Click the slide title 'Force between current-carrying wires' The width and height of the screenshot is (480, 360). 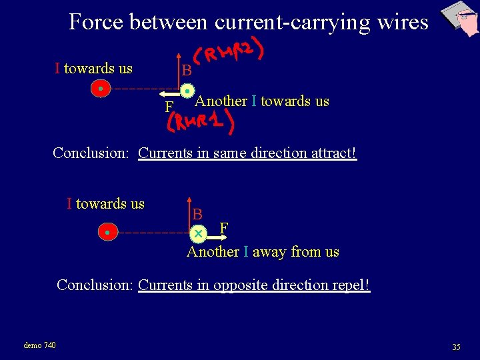click(x=248, y=22)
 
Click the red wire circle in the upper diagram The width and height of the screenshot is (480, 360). click(x=100, y=89)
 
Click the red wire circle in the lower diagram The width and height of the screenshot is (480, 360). click(x=107, y=233)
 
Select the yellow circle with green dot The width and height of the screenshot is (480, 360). click(x=188, y=90)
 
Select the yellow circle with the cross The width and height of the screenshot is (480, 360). click(x=198, y=234)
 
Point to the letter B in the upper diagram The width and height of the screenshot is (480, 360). click(x=187, y=71)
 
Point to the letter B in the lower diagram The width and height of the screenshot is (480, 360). click(x=197, y=215)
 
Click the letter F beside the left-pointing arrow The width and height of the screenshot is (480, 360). click(x=169, y=107)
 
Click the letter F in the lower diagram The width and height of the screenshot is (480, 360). click(x=224, y=229)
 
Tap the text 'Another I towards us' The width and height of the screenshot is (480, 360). click(x=261, y=101)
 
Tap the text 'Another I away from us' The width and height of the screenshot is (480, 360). click(x=263, y=252)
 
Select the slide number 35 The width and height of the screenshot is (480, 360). click(x=456, y=347)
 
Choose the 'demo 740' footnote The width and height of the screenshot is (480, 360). click(x=39, y=345)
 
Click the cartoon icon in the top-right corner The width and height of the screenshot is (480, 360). click(x=460, y=18)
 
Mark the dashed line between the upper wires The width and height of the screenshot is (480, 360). click(x=143, y=89)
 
